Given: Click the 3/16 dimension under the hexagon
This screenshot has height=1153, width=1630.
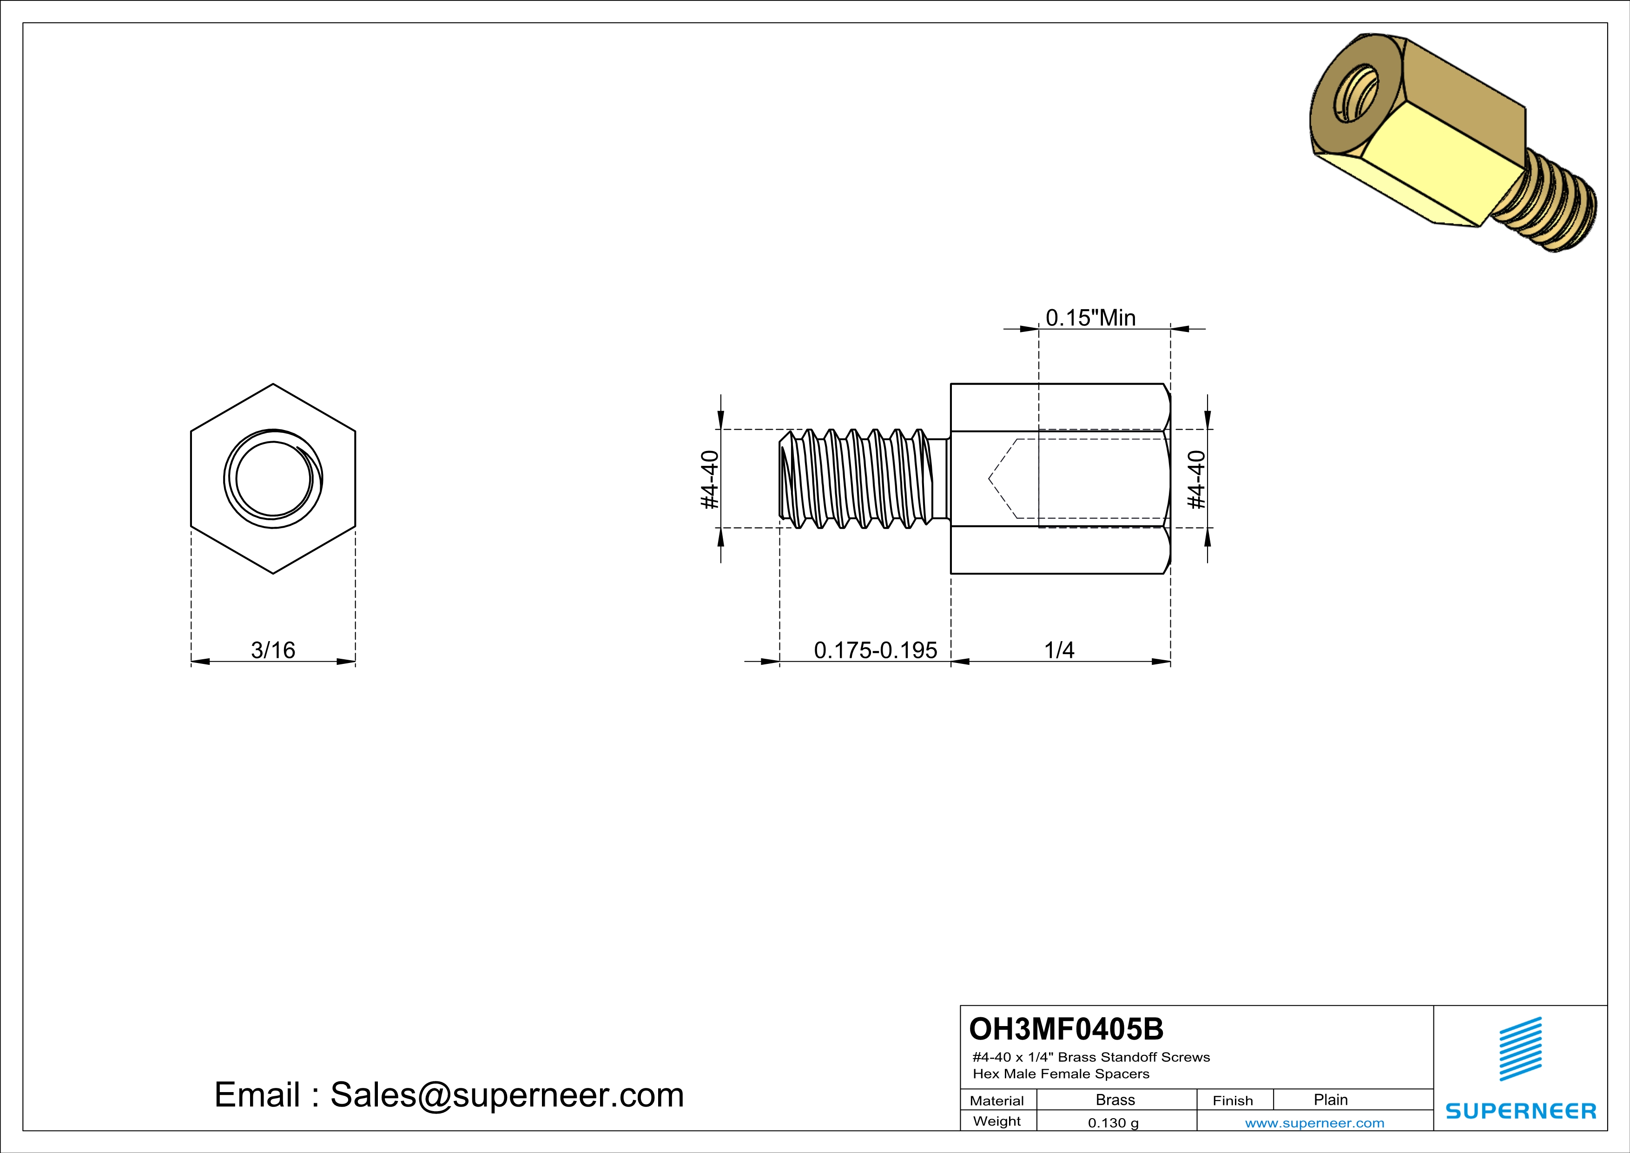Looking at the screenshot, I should pyautogui.click(x=273, y=649).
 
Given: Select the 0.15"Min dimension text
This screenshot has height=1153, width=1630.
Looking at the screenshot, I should pyautogui.click(x=1090, y=318).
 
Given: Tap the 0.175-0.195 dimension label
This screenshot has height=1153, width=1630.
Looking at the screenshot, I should pyautogui.click(x=875, y=649).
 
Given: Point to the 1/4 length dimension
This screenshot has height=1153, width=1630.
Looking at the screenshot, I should pyautogui.click(x=1059, y=649).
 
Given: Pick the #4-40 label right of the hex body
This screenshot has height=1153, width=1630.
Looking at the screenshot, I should pyautogui.click(x=1197, y=480).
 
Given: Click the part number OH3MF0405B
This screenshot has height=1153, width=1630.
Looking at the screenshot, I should pyautogui.click(x=1066, y=1029).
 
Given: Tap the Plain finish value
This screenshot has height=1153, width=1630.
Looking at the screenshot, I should pyautogui.click(x=1330, y=1100).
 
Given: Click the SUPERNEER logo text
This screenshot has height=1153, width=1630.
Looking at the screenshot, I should pyautogui.click(x=1521, y=1111).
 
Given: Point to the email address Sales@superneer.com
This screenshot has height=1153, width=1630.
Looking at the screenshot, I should pyautogui.click(x=506, y=1095).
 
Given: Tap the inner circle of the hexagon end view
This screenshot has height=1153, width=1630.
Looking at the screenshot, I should pyautogui.click(x=273, y=478).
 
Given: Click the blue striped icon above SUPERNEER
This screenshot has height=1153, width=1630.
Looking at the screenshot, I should pyautogui.click(x=1520, y=1049).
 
